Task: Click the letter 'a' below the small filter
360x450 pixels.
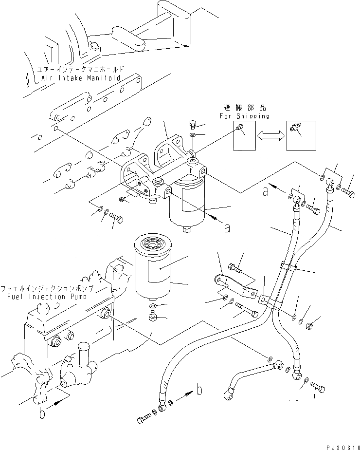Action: (x=226, y=227)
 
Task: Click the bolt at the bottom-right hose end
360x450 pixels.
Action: (x=317, y=388)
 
